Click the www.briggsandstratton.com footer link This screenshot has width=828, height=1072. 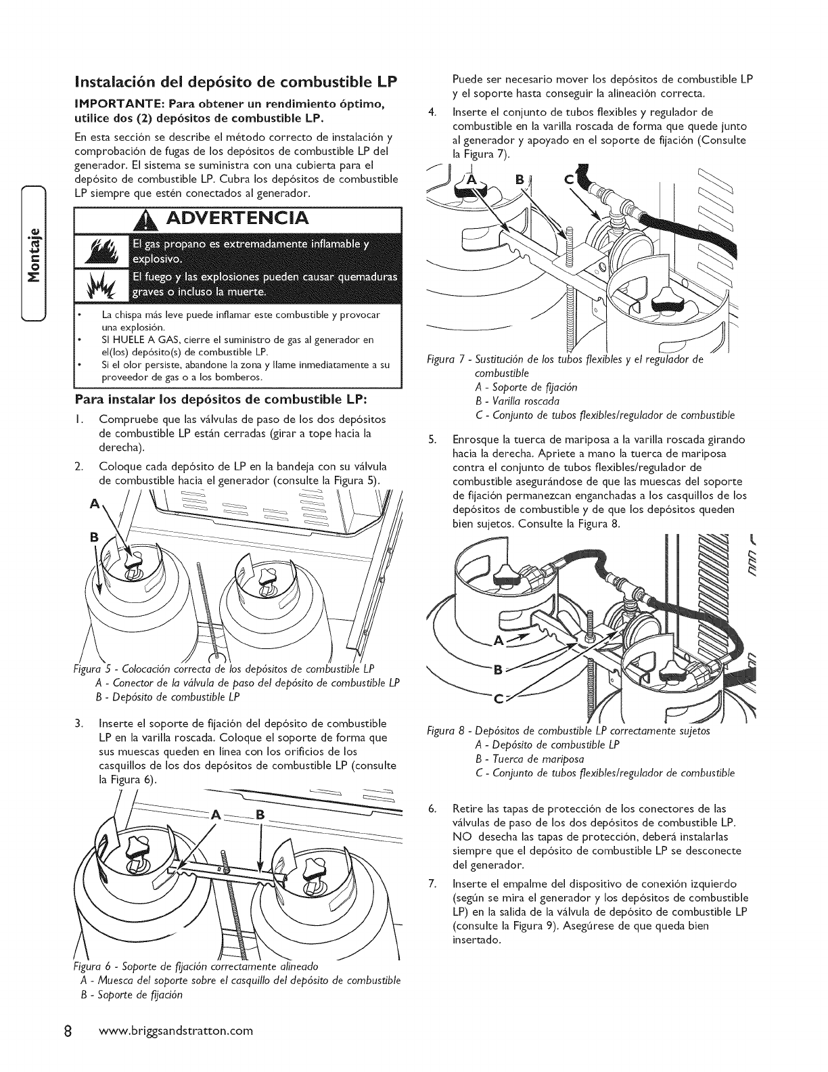[x=175, y=1031]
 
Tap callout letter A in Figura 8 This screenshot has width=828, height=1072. [x=501, y=640]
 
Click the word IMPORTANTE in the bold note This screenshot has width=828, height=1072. [x=122, y=103]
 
